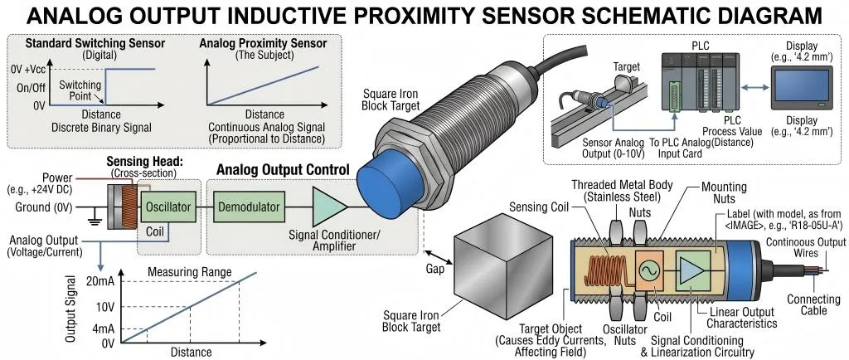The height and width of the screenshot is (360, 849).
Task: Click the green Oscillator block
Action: [x=168, y=205]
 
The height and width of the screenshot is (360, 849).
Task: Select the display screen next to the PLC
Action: [x=799, y=88]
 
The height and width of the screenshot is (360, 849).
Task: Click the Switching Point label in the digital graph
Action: [x=81, y=90]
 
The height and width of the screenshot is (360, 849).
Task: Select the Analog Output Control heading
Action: [x=281, y=169]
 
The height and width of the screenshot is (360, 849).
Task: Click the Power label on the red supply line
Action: [x=56, y=177]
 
